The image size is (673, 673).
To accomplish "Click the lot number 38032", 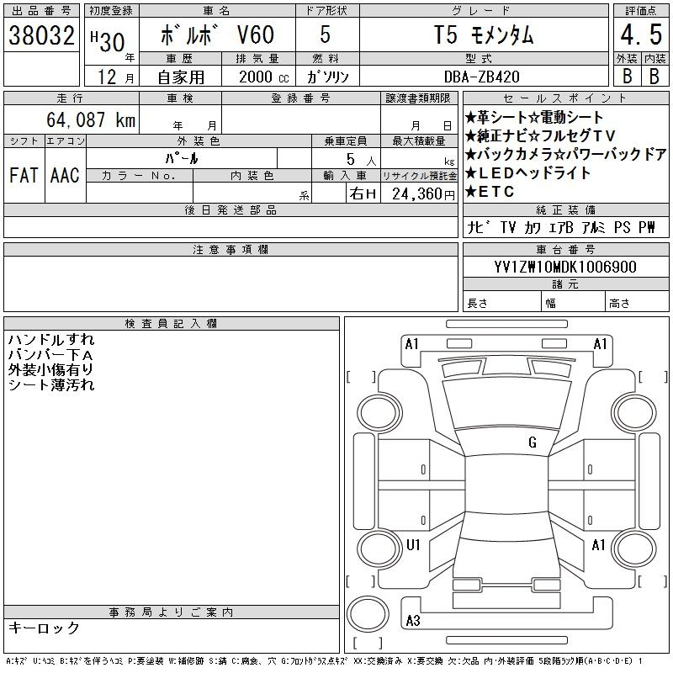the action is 41,35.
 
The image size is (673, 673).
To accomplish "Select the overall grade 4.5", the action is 641,34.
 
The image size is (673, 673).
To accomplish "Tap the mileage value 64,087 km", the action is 91,119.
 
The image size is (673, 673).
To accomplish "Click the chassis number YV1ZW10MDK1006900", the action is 565,267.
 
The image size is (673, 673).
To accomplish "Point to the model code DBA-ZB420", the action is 481,77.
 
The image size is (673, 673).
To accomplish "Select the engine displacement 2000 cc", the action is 264,77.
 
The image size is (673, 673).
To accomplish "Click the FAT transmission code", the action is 24,175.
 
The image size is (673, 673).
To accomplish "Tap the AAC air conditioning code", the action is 65,175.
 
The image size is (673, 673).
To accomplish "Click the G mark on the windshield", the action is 533,442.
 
